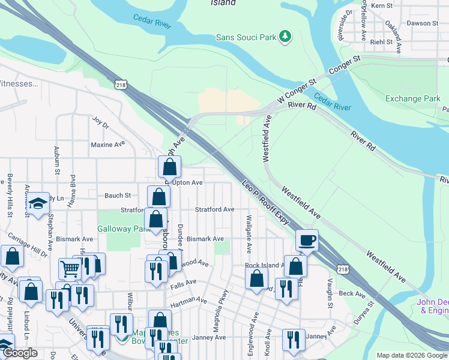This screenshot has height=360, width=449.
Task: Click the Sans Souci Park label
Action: coord(246,37)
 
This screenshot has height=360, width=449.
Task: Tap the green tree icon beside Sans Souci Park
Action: coord(286,37)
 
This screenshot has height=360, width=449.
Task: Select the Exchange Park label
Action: coord(412,98)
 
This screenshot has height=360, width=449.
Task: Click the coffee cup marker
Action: coord(307,241)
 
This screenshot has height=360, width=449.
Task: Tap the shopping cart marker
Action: coord(70,269)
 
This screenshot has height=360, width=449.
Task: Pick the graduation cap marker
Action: coord(37,205)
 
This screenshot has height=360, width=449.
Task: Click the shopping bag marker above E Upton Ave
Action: coord(170,167)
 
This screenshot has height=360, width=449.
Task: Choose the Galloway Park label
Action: coord(123,229)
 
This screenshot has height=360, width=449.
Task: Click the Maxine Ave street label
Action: coord(107,145)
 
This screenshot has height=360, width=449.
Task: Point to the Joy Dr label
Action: coord(100,125)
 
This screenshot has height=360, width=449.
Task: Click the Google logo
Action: coord(21,353)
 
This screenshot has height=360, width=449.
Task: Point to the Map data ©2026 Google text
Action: coord(411,355)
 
